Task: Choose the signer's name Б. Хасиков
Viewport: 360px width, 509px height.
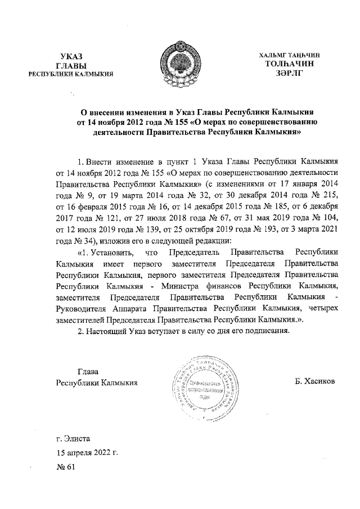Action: click(x=314, y=381)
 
